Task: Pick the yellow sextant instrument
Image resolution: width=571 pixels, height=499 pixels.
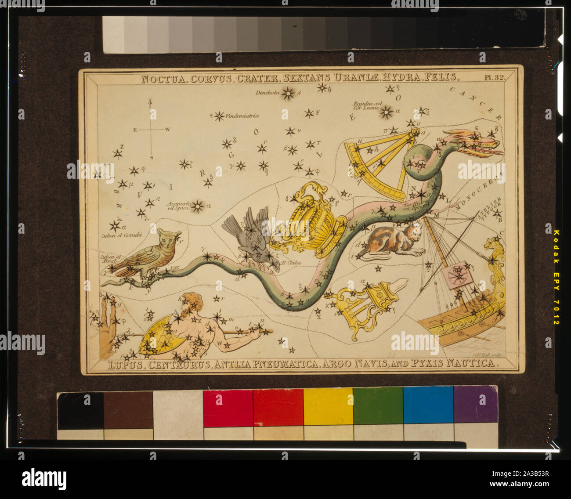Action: [x=380, y=163]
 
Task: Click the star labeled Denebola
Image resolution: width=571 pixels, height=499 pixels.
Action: [x=289, y=93]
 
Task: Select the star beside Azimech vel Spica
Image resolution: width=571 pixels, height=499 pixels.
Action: [x=198, y=205]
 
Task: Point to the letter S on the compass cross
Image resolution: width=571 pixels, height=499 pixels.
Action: [x=151, y=157]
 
